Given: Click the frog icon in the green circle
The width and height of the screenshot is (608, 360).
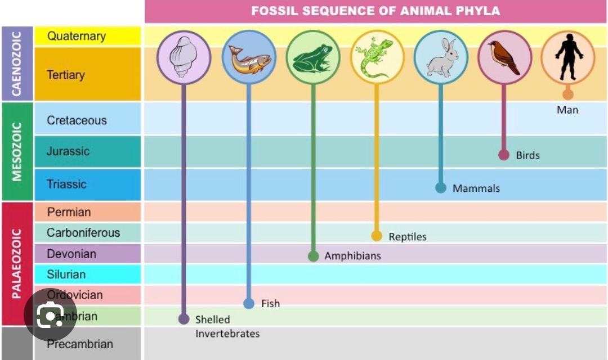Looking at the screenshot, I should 313,57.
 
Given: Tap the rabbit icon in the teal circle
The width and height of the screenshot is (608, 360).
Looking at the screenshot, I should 441,57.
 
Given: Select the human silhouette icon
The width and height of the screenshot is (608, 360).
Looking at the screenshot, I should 568,56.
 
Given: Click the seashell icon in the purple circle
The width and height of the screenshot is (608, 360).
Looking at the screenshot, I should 184,57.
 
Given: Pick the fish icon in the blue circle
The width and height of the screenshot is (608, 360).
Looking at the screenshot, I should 249,57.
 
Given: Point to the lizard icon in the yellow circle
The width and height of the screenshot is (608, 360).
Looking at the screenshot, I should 377,57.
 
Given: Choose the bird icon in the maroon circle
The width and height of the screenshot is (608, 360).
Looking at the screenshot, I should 504,57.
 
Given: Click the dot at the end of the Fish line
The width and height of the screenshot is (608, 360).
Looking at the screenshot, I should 249,304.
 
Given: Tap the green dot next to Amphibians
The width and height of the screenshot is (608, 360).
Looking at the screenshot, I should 314,256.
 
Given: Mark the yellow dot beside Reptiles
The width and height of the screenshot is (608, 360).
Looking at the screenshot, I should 377,236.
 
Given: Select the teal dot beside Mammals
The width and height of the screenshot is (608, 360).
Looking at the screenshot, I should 441,188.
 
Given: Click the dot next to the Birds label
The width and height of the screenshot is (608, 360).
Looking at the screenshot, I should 504,155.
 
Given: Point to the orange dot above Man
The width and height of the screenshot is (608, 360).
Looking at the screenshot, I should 568,94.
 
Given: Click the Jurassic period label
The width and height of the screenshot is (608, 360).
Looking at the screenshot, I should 68,151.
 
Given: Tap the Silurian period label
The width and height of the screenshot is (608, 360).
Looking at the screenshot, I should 66,274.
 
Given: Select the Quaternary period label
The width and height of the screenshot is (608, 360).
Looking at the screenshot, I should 77,37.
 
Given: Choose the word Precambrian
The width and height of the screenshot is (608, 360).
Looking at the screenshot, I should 80,344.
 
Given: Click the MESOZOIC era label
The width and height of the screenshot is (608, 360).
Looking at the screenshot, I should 17,151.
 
